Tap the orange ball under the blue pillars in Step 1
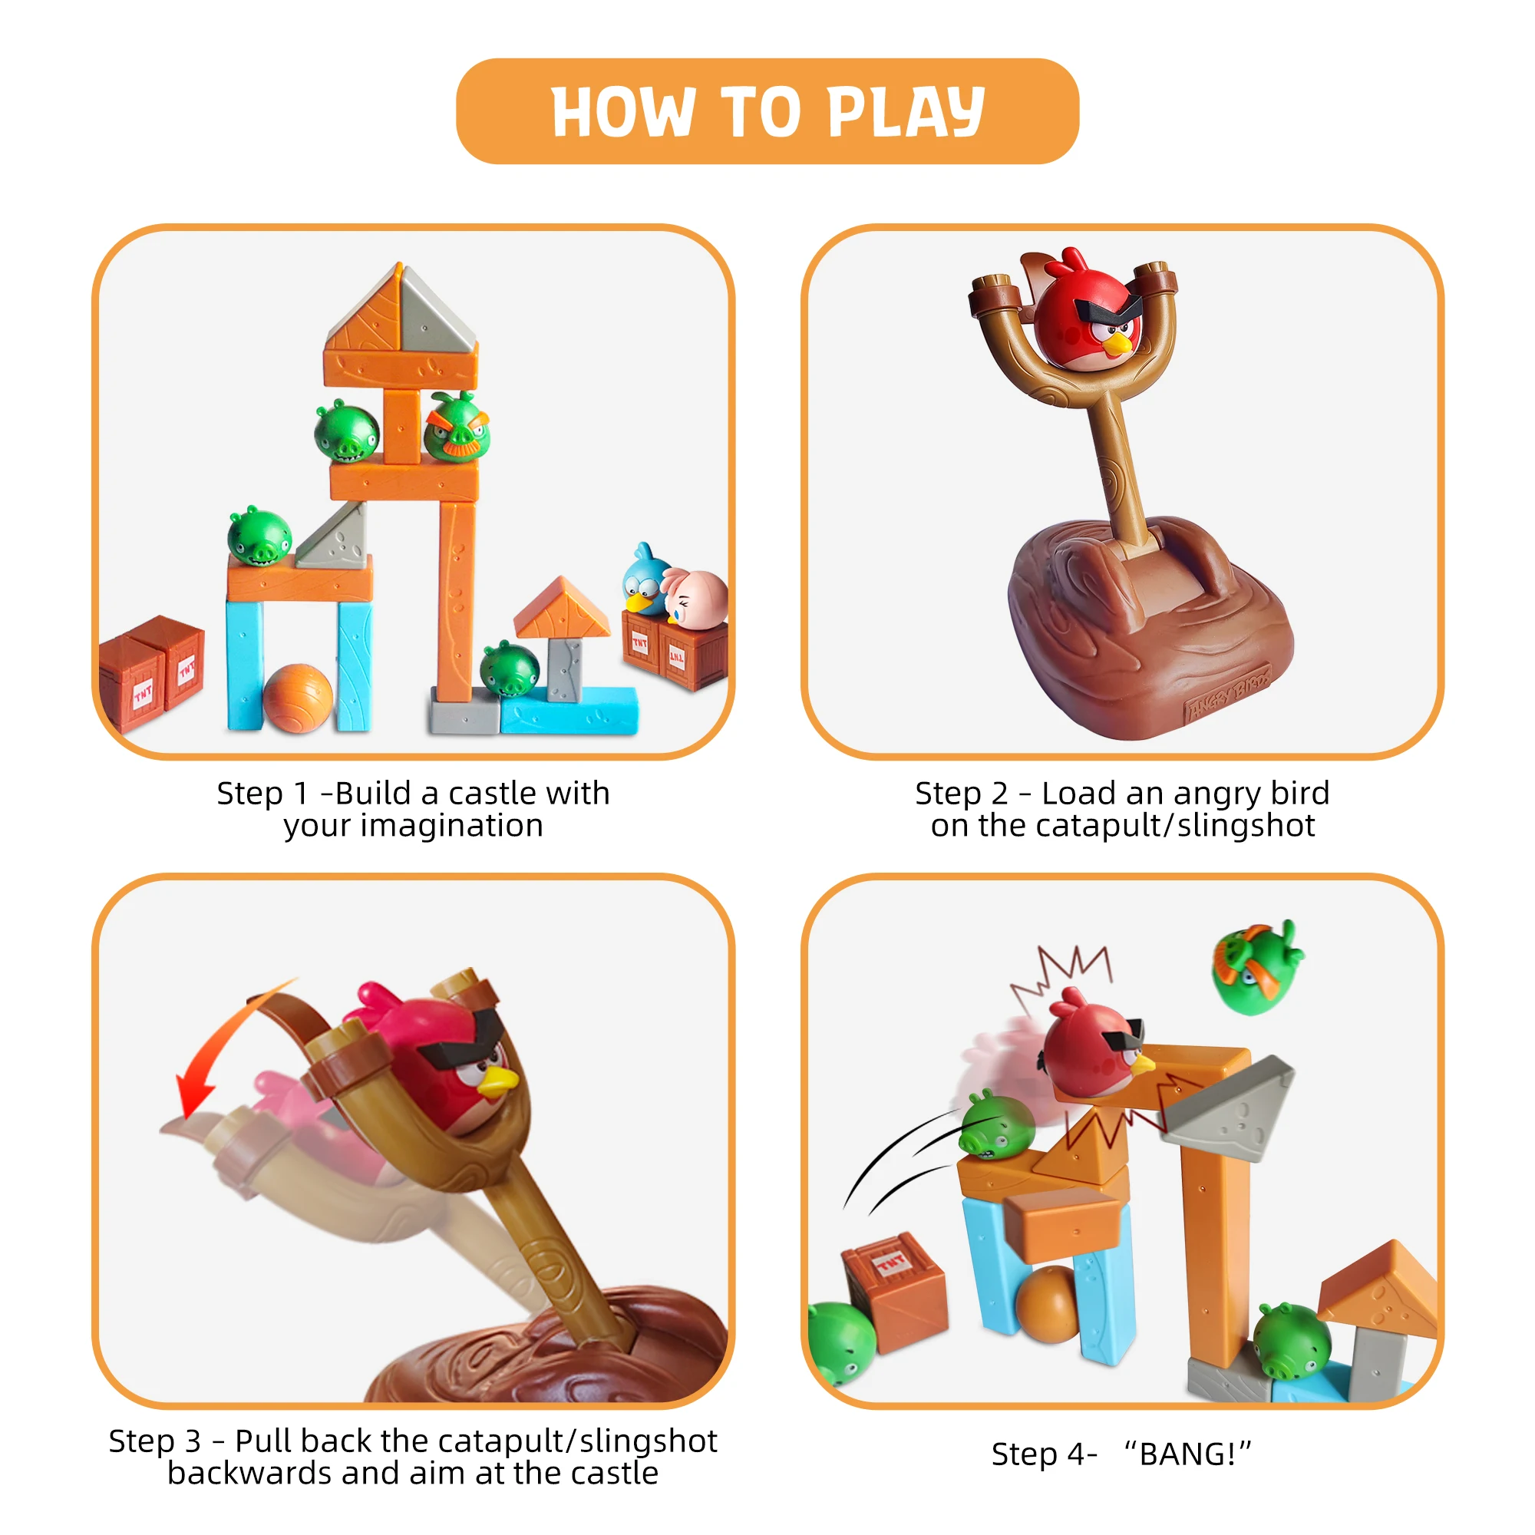[x=298, y=698]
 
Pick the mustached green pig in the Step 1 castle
[x=457, y=429]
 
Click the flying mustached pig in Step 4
[x=1254, y=969]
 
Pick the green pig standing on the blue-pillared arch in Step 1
[x=259, y=536]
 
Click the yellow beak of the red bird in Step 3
[x=498, y=1081]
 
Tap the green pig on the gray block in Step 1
[x=510, y=668]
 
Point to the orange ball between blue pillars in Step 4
[x=1047, y=1304]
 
